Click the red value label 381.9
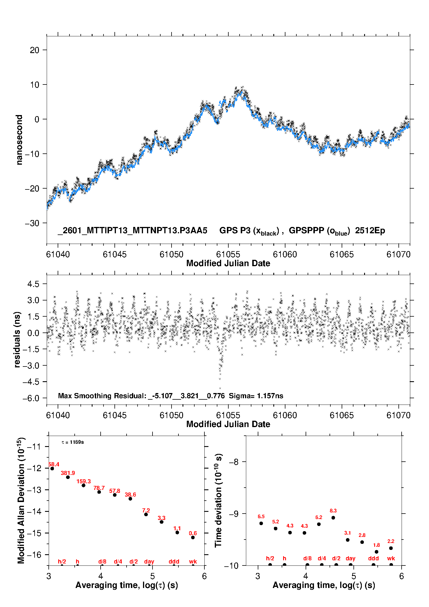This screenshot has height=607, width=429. [68, 473]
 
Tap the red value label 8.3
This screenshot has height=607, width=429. [333, 511]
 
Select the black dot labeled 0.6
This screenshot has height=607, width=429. [193, 538]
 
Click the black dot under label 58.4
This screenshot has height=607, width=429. [52, 469]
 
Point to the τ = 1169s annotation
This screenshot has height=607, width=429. [73, 442]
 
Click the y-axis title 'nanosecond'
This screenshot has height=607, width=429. [19, 140]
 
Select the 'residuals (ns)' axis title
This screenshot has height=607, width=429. [17, 339]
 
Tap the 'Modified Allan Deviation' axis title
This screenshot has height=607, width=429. [21, 500]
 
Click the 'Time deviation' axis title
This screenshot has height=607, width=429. [218, 500]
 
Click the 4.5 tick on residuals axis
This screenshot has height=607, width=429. [33, 284]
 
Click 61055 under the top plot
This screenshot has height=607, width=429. [228, 254]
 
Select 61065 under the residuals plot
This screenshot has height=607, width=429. [342, 415]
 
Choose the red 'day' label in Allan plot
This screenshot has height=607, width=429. [149, 561]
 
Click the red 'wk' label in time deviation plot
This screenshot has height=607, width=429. [391, 558]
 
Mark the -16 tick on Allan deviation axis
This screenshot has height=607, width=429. [34, 555]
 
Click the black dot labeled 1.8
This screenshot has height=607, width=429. [377, 552]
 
